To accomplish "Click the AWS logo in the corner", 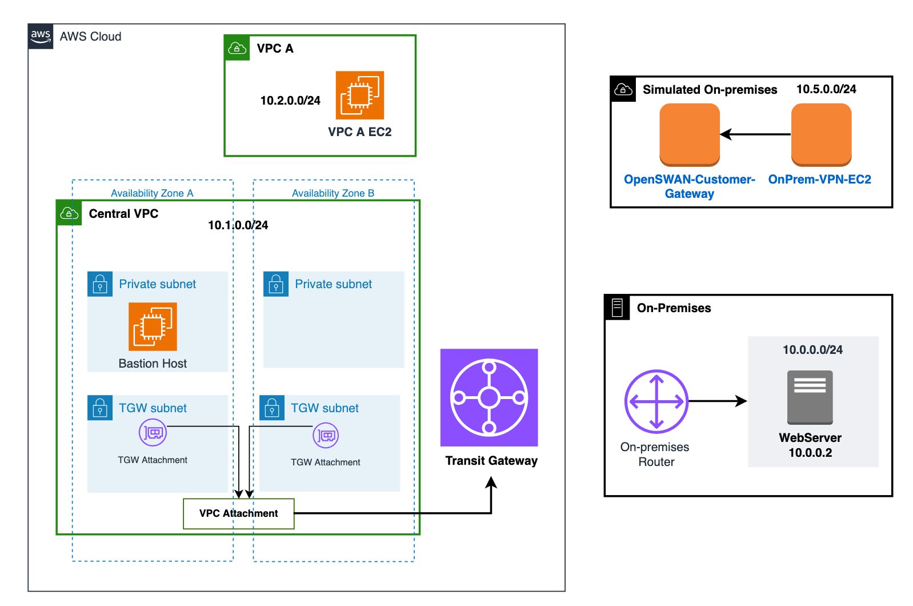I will pyautogui.click(x=41, y=36).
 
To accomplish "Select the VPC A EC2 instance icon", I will pyautogui.click(x=359, y=95).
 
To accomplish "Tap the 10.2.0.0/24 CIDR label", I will pyautogui.click(x=290, y=101).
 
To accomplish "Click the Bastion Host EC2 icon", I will pyautogui.click(x=153, y=326).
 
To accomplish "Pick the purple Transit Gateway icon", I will pyautogui.click(x=489, y=397).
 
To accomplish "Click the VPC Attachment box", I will pyautogui.click(x=238, y=513).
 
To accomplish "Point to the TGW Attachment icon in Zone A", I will pyautogui.click(x=153, y=432).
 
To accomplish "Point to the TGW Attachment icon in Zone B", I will pyautogui.click(x=326, y=436).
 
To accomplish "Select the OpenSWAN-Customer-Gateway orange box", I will pyautogui.click(x=689, y=134).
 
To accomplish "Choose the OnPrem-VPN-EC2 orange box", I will pyautogui.click(x=821, y=134).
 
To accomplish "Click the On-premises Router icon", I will pyautogui.click(x=656, y=401).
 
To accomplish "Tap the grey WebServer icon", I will pyautogui.click(x=810, y=397).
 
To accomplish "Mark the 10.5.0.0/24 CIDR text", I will pyautogui.click(x=826, y=89).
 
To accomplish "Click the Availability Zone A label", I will pyautogui.click(x=152, y=193).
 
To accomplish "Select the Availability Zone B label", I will pyautogui.click(x=333, y=193).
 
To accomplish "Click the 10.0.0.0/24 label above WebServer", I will pyautogui.click(x=812, y=350).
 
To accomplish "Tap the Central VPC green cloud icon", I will pyautogui.click(x=69, y=213).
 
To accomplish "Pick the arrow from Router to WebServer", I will pyautogui.click(x=718, y=401).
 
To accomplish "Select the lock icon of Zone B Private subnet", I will pyautogui.click(x=276, y=284).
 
